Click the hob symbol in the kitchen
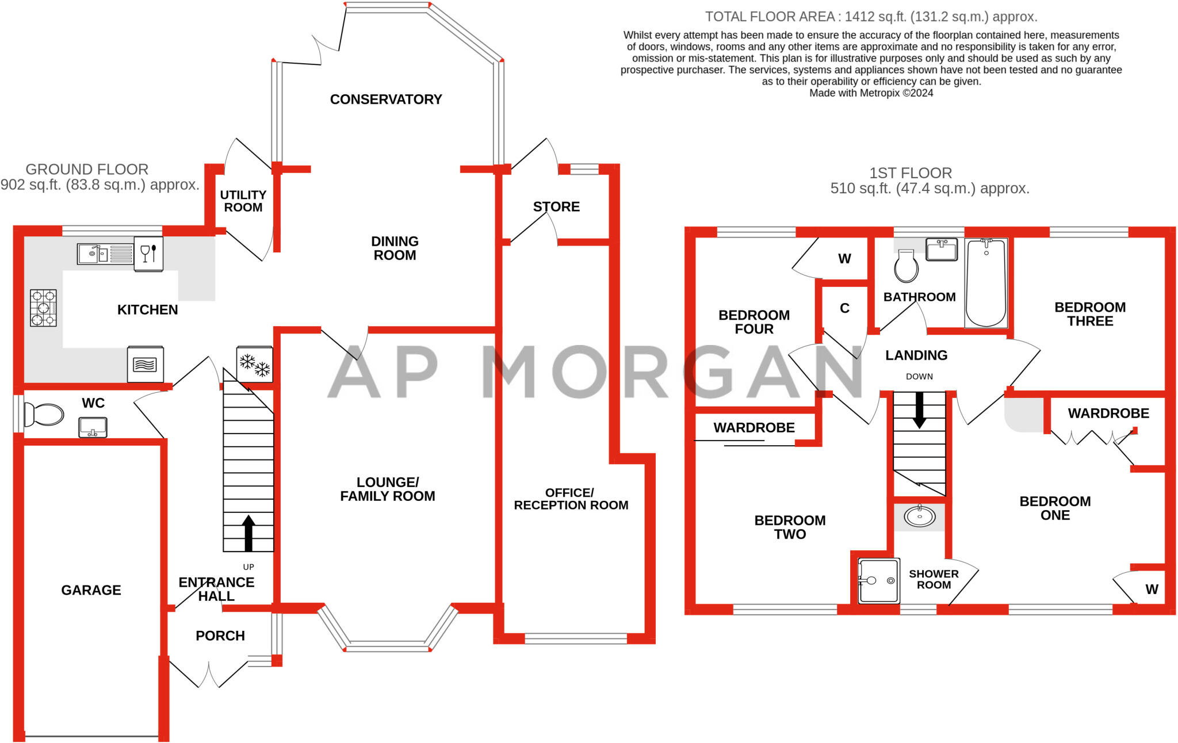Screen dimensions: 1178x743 [x=44, y=308]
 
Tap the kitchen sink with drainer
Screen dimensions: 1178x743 [x=106, y=254]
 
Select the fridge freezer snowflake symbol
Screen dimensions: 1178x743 [x=255, y=364]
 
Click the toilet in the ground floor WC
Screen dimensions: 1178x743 [x=44, y=414]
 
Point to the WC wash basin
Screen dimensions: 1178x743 [x=93, y=427]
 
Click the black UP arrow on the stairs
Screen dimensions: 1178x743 [x=248, y=533]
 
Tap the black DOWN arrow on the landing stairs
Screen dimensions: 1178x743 [x=919, y=410]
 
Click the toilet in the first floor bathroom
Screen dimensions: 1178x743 [x=907, y=266]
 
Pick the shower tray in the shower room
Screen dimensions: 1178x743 [x=879, y=581]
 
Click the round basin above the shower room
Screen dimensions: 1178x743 [x=920, y=516]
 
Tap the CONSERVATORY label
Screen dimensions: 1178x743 [x=386, y=99]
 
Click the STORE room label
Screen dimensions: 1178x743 [x=556, y=206]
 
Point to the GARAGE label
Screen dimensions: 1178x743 [x=91, y=590]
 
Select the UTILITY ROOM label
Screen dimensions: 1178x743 [x=243, y=201]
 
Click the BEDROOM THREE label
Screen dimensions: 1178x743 [x=1090, y=314]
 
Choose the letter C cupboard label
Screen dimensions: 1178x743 [x=844, y=308]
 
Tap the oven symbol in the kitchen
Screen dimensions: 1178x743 [x=145, y=364]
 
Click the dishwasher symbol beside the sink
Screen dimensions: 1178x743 [x=148, y=254]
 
